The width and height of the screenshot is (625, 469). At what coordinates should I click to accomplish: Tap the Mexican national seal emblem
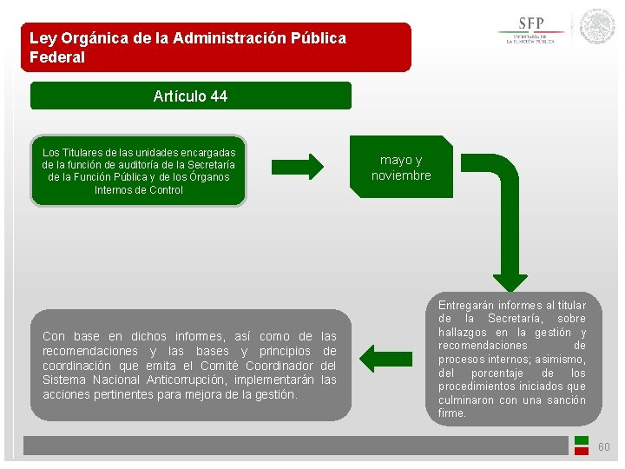tap(597, 28)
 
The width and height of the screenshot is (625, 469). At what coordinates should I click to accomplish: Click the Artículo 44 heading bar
tap(191, 96)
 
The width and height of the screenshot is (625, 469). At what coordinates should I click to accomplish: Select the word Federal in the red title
tap(57, 57)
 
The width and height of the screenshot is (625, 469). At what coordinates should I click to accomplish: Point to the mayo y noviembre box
tap(401, 168)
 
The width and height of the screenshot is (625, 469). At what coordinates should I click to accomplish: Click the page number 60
tap(604, 447)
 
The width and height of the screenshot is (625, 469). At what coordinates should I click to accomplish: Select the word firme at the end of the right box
tap(452, 413)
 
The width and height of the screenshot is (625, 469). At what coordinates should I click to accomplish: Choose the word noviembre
tap(401, 175)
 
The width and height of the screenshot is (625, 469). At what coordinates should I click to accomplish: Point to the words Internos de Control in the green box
tap(139, 189)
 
